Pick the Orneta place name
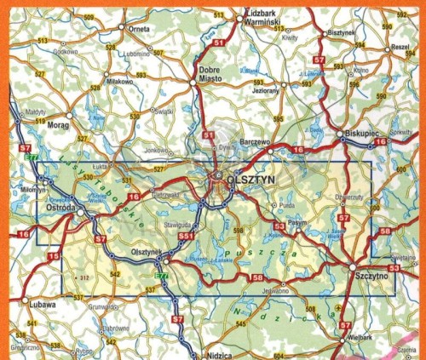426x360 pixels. [139, 27]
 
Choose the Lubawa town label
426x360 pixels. [41, 303]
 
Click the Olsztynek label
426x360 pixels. [147, 252]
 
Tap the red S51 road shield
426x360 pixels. [186, 235]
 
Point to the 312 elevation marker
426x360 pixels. [83, 277]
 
